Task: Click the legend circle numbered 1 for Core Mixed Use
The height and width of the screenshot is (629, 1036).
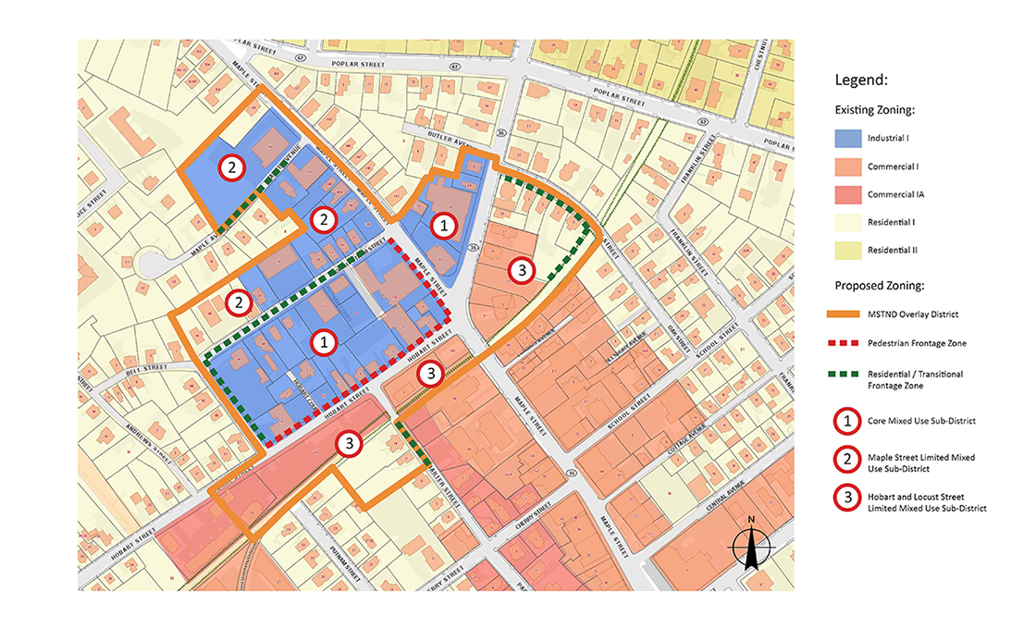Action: (x=845, y=422)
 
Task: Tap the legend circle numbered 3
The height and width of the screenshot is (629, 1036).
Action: (x=845, y=501)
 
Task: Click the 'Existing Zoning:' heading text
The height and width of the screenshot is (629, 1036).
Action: (x=875, y=110)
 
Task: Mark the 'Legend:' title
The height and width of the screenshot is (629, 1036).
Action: (x=862, y=80)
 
